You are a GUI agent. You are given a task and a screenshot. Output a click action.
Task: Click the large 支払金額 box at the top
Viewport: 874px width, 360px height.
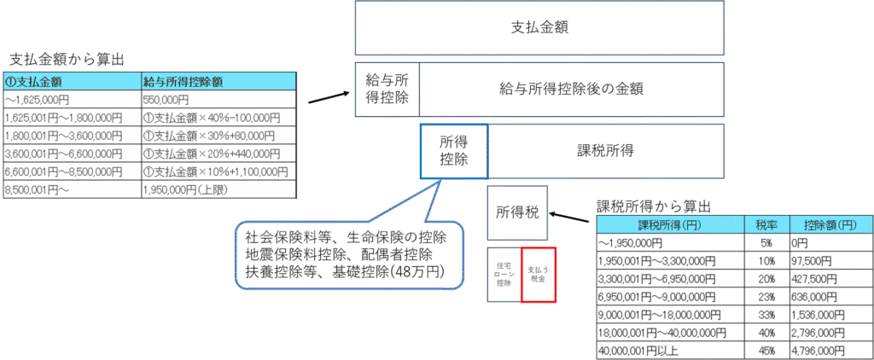coord(539,27)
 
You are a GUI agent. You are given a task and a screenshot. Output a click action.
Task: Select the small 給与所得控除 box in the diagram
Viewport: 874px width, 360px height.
coord(387,89)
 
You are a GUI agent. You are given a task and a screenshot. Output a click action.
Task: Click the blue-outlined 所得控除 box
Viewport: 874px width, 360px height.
coord(454,152)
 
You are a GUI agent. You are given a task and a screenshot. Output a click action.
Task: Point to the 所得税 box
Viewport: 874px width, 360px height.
coord(517,211)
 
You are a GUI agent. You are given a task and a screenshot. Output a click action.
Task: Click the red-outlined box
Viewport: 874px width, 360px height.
coord(539,275)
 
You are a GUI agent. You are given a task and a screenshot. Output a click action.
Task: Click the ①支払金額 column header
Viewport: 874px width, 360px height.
coord(73,82)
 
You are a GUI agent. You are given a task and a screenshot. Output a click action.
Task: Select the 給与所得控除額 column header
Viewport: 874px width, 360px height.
coord(218,82)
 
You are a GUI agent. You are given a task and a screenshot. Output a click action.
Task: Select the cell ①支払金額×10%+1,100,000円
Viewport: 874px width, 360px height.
coord(218,171)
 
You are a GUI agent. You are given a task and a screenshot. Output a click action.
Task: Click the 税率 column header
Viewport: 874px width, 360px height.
coord(761,225)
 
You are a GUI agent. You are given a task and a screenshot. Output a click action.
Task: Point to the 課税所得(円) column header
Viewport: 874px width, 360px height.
coord(670,225)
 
